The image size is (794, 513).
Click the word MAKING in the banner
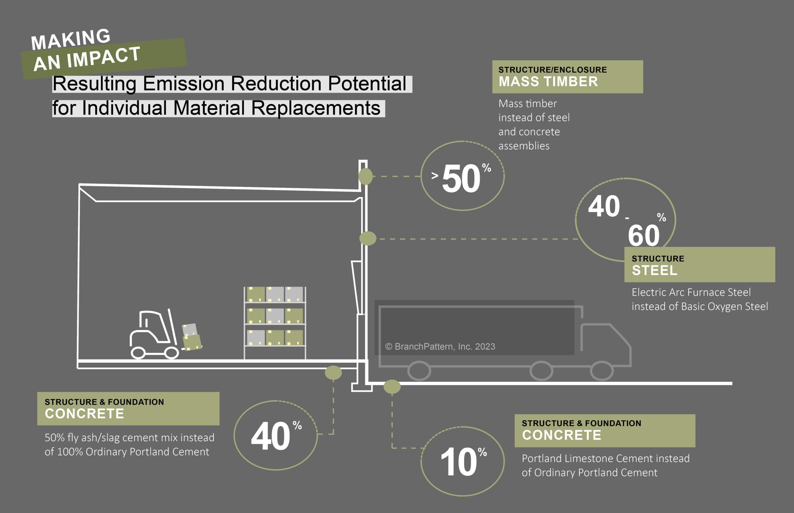[70, 39]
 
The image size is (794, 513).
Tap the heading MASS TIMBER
[548, 81]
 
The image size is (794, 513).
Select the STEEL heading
[655, 270]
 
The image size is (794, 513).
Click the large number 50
[461, 178]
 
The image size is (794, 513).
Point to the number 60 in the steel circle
[644, 235]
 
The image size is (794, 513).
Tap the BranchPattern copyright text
[440, 346]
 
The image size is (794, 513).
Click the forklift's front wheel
[172, 353]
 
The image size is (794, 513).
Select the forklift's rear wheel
[138, 353]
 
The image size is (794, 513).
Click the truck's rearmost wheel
[419, 371]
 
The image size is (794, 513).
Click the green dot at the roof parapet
[365, 176]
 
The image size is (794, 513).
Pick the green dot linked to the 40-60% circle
[368, 239]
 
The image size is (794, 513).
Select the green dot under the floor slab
[333, 373]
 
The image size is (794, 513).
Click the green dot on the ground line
[392, 387]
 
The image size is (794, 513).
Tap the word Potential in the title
[367, 84]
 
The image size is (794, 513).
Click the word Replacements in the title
[315, 108]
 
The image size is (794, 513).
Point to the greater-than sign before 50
[435, 175]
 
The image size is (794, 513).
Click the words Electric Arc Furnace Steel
[691, 292]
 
